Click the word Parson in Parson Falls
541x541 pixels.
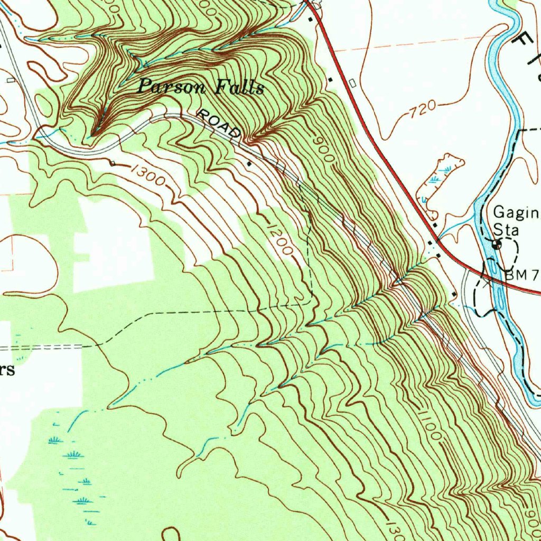[170, 86]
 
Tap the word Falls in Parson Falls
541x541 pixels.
[239, 87]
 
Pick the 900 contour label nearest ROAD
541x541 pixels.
[324, 150]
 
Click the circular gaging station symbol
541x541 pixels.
[496, 245]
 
